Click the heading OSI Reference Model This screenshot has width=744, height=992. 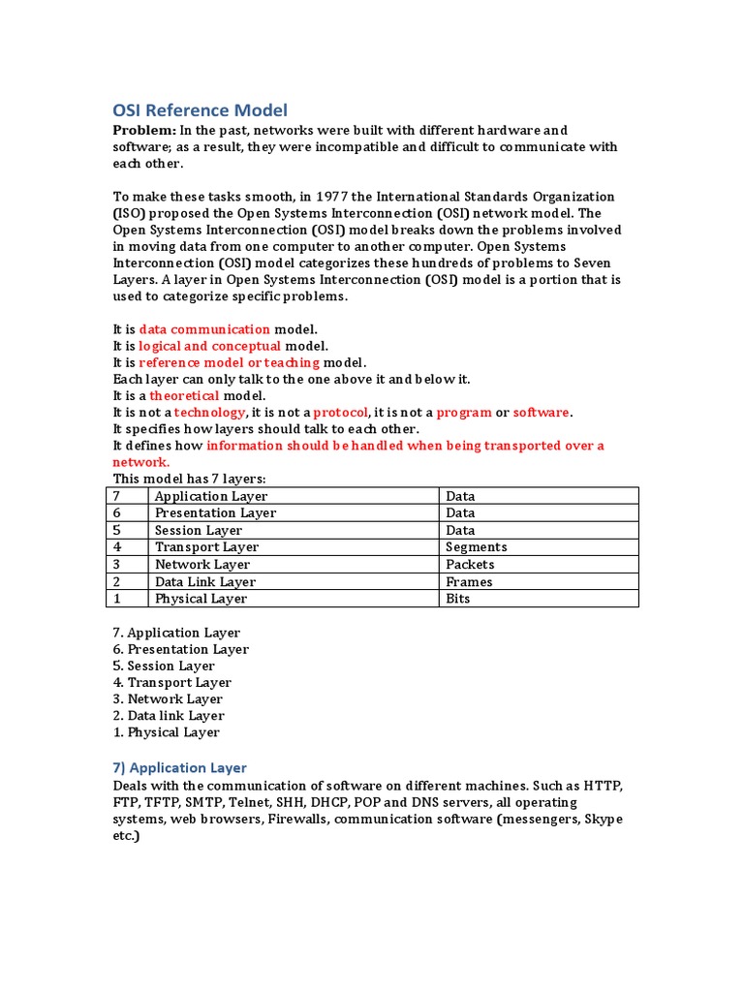coord(201,110)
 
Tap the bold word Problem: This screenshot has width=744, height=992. coord(144,130)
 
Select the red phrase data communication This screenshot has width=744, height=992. coord(204,329)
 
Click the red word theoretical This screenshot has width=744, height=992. coord(184,395)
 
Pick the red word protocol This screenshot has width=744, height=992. coord(340,412)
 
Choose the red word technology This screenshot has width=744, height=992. coord(209,412)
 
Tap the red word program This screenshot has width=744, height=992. coord(464,412)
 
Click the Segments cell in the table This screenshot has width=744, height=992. coord(476,547)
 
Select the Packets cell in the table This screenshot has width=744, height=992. coord(470,565)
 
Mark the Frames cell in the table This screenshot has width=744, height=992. coord(469,582)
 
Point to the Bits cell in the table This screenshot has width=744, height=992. coord(457,599)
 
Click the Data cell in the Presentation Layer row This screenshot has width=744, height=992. coord(460,513)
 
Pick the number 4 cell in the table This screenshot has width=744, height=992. coord(117,547)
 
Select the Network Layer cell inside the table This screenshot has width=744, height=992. coord(202,565)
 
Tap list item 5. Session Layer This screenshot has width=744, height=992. coord(164,666)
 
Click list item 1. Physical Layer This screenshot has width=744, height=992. coord(166,732)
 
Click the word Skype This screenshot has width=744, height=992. coord(603,819)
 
